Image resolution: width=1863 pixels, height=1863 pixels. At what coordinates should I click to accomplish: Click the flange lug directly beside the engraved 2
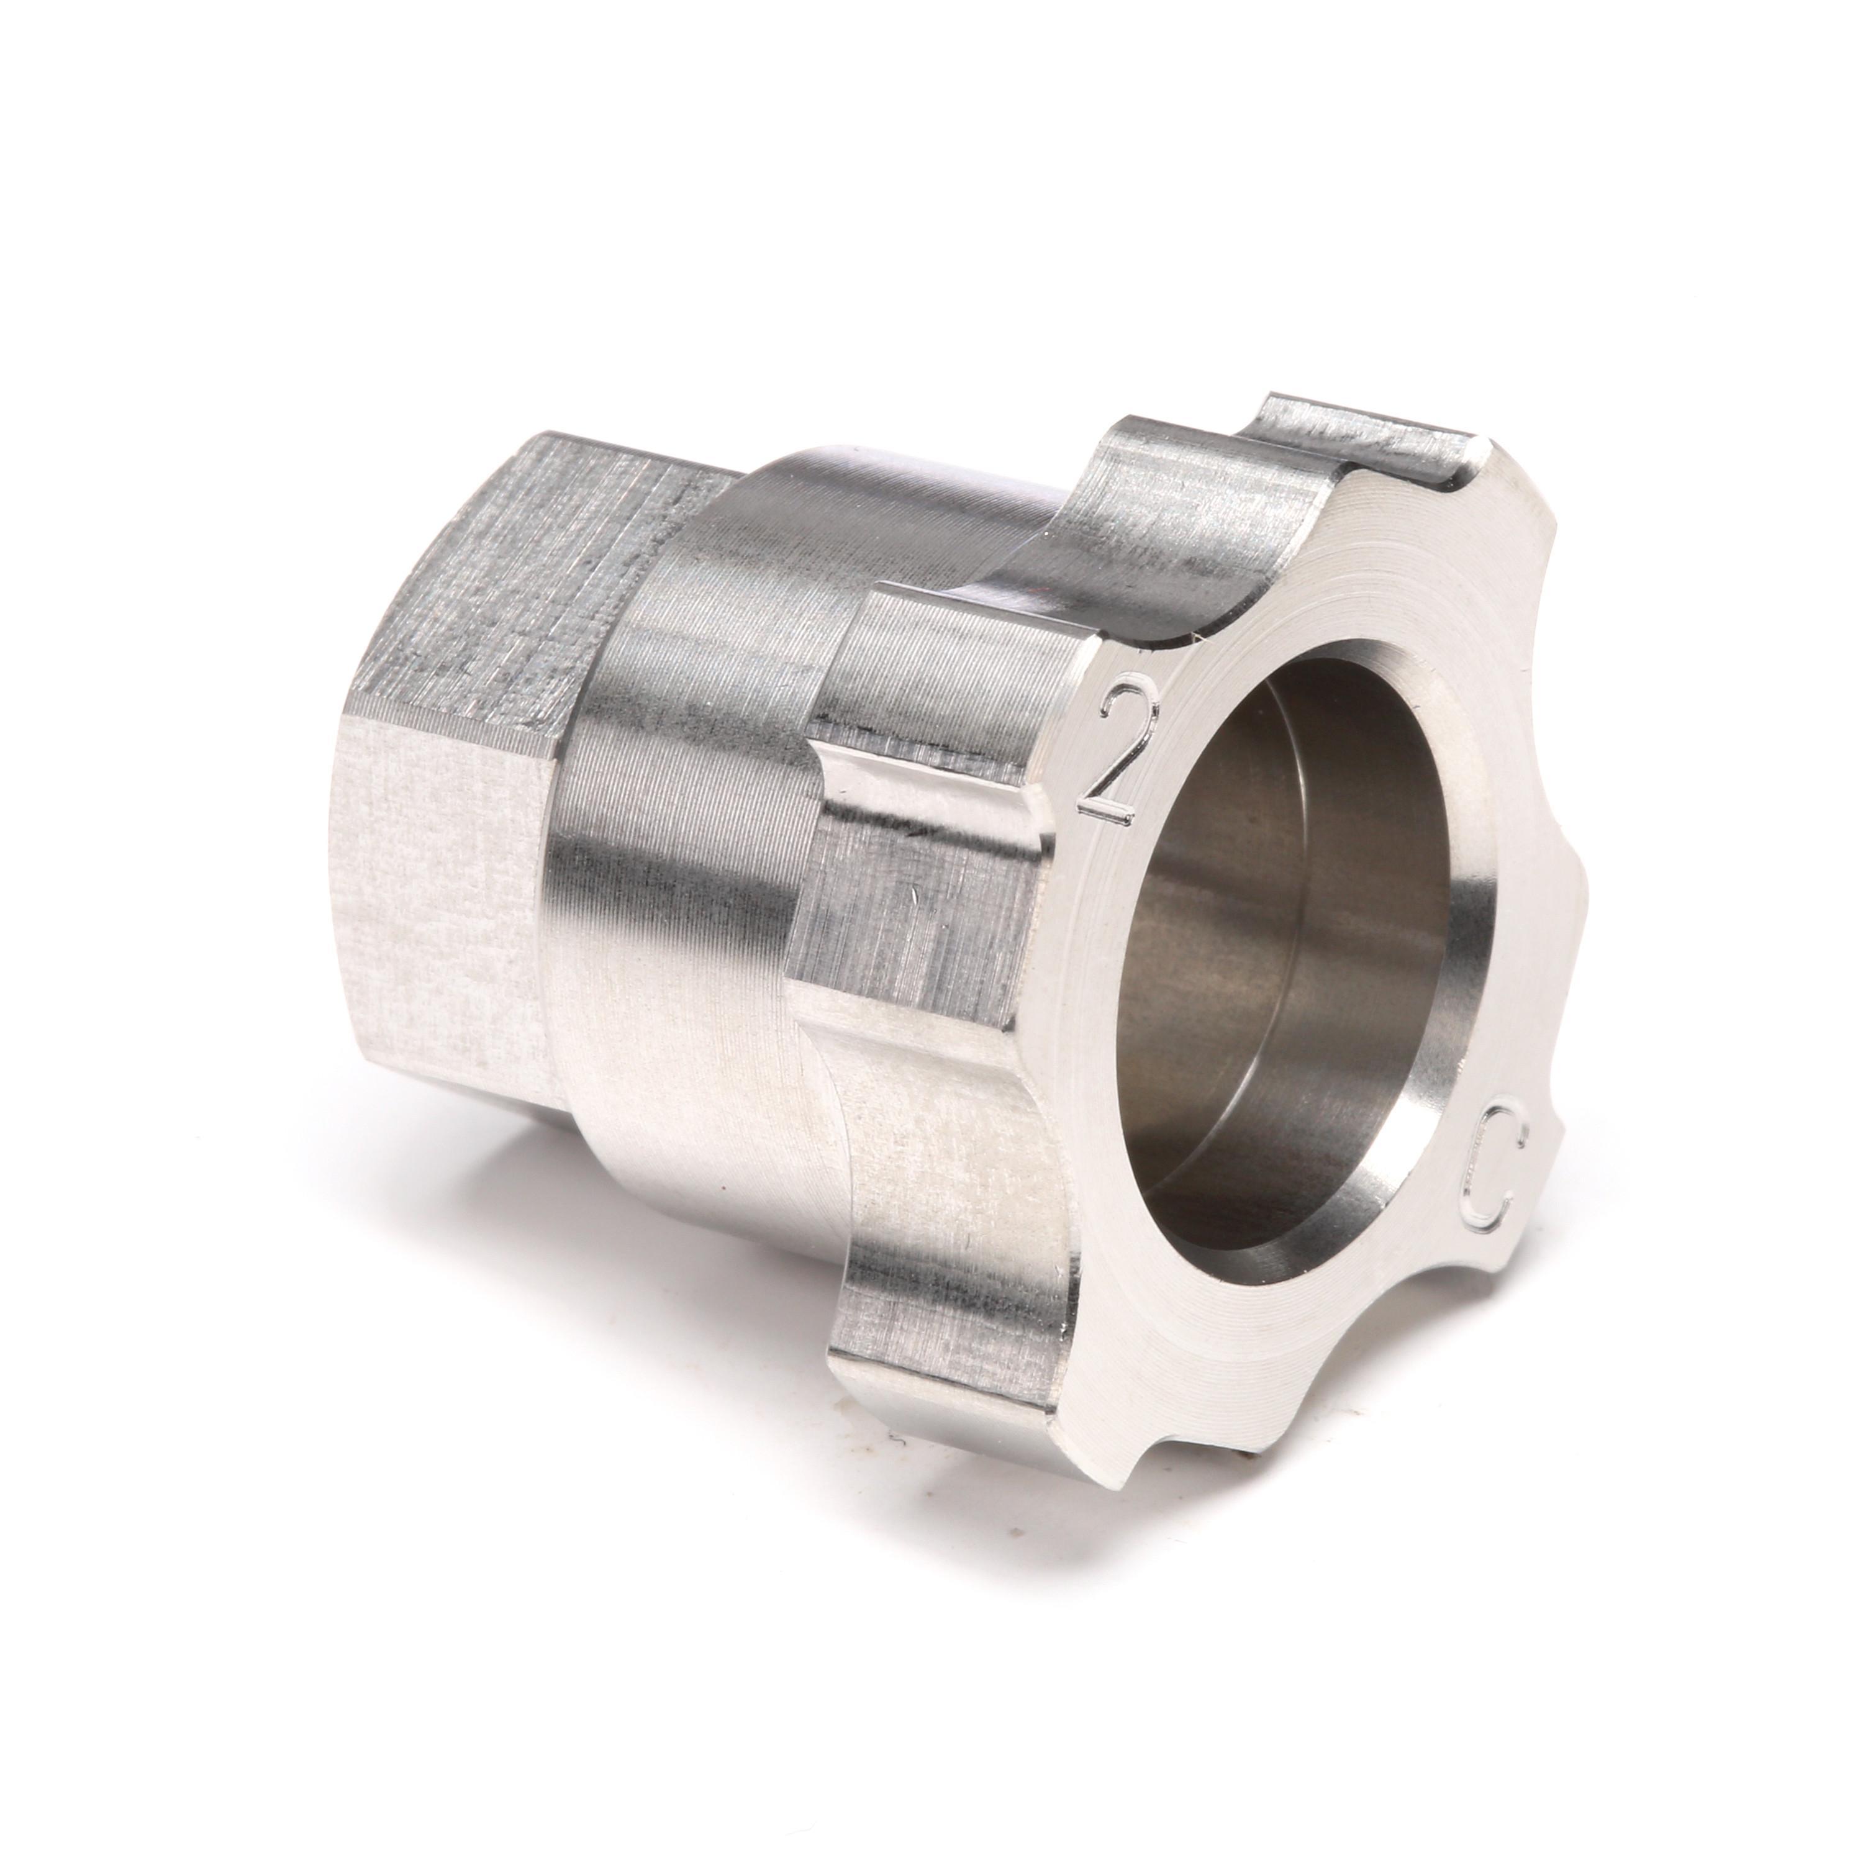pos(926,848)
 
